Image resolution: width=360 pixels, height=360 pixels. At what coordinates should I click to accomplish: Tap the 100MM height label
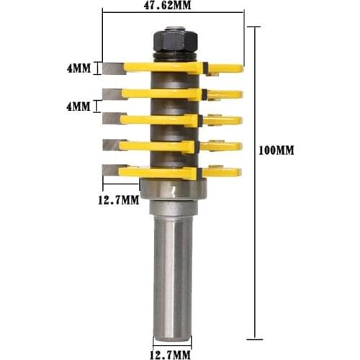pos(276,152)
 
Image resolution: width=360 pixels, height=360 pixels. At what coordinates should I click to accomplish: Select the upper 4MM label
pos(78,69)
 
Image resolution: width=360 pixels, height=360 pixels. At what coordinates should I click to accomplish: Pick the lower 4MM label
pos(78,107)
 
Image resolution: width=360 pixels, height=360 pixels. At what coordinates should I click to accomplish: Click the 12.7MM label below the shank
pos(171,354)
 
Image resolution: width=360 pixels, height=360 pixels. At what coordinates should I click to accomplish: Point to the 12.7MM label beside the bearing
pos(118,199)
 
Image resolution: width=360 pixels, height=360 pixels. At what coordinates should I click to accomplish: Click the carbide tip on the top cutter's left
pos(113,68)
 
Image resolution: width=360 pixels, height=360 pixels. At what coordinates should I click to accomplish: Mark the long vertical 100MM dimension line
pos(252,180)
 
